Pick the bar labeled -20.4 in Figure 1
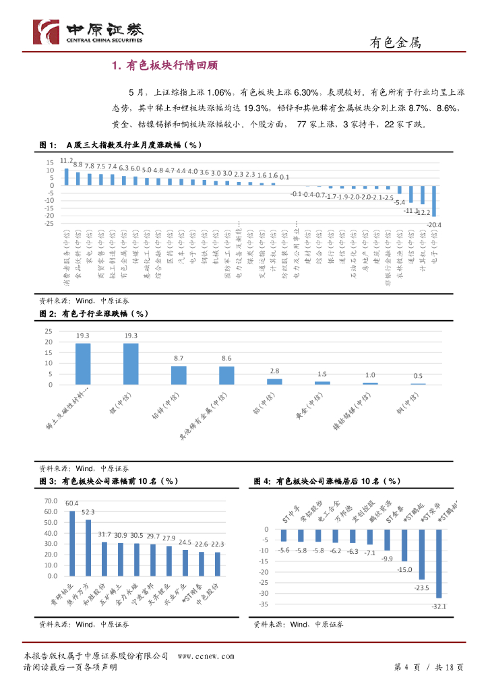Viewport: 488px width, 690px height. click(435, 201)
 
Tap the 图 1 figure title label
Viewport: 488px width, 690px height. click(47, 146)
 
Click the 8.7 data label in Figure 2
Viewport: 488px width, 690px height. click(179, 358)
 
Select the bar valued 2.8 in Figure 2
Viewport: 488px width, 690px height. click(274, 381)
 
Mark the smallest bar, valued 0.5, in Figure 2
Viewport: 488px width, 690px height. click(418, 384)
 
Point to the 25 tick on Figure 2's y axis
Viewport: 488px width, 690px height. click(48, 332)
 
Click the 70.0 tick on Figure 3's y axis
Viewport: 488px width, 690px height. click(51, 501)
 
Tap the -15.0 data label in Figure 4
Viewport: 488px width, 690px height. click(404, 569)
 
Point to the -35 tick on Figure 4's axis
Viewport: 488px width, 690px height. click(264, 604)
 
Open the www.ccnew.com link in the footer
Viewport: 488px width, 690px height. click(206, 656)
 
